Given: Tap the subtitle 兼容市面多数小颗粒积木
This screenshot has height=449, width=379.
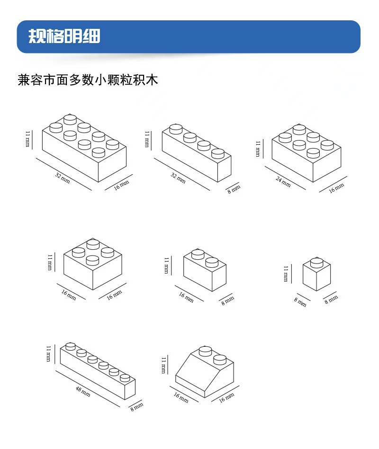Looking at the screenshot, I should tap(88, 79).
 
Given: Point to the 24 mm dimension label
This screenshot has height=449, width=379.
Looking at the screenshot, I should tap(283, 181).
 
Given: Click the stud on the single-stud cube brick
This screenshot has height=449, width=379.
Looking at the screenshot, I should tap(317, 262).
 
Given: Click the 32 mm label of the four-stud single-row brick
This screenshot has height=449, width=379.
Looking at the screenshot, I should tap(178, 178).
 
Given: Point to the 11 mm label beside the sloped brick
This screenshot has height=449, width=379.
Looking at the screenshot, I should tap(164, 365).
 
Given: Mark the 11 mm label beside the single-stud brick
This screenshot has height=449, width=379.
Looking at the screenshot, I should tap(286, 273).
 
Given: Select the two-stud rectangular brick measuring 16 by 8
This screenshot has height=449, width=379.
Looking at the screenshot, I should tap(205, 271).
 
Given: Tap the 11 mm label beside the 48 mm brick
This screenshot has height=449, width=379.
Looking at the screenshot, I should tap(48, 354).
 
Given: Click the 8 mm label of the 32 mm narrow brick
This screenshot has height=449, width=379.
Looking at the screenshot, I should tap(234, 189).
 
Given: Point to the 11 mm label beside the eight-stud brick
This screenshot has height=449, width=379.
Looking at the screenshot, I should tap(28, 138).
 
